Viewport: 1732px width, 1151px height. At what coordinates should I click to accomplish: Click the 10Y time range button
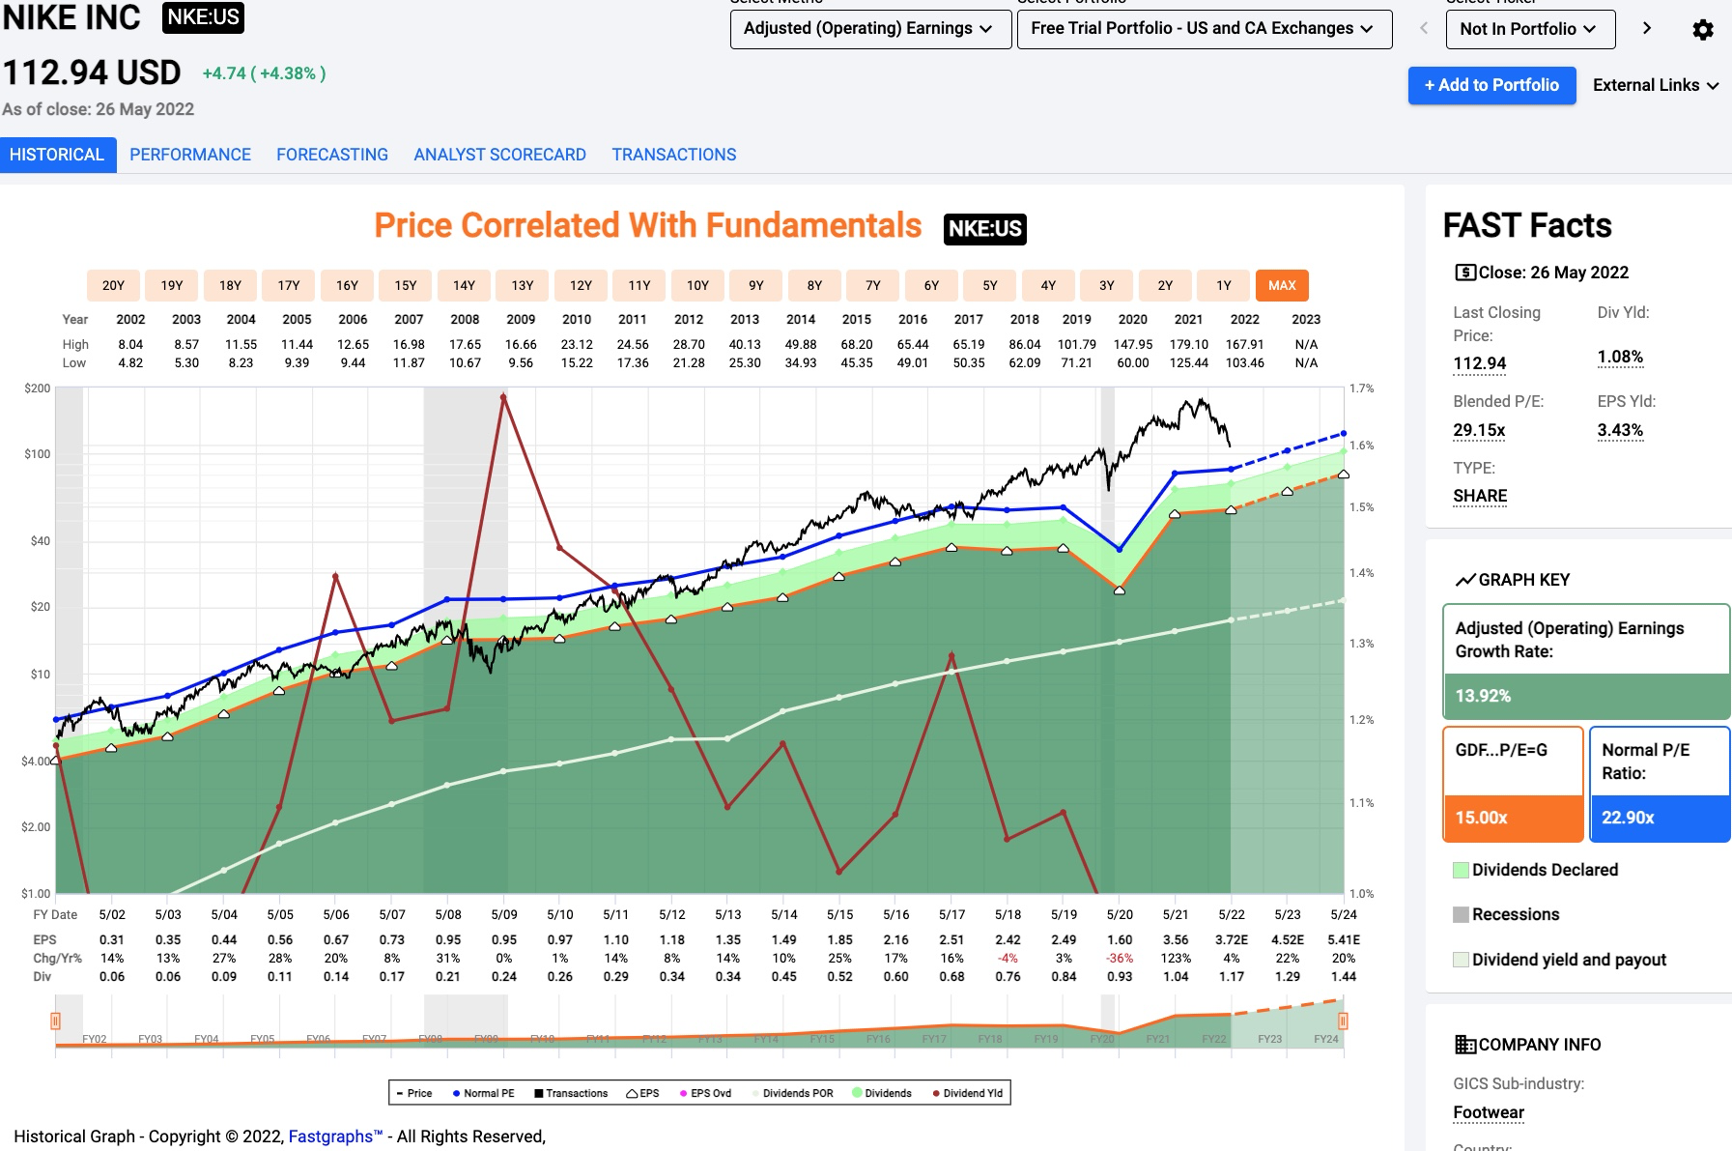(x=697, y=285)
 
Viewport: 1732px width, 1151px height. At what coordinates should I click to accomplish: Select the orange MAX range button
(x=1282, y=285)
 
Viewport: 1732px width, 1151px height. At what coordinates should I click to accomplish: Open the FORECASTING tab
(x=332, y=155)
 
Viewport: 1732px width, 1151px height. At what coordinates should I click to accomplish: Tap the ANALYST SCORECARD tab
(x=499, y=155)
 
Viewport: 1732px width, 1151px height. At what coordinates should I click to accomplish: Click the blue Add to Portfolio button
(x=1491, y=85)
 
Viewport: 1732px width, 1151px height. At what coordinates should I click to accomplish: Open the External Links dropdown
(x=1655, y=85)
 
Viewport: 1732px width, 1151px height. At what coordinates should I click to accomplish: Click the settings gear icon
(x=1703, y=30)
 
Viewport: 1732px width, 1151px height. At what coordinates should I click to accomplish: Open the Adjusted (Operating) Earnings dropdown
(x=869, y=29)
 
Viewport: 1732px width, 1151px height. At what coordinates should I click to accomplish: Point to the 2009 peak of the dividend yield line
(x=503, y=395)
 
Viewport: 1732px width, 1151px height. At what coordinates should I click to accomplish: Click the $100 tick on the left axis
(x=38, y=453)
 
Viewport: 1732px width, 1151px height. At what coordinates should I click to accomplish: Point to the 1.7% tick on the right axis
(x=1361, y=388)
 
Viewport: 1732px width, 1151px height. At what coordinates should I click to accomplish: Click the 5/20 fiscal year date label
(x=1120, y=914)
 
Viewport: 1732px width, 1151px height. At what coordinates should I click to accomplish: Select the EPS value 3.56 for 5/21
(x=1176, y=939)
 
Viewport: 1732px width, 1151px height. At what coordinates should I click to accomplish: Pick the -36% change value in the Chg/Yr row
(x=1120, y=958)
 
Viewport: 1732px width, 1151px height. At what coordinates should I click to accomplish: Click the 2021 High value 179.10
(x=1188, y=344)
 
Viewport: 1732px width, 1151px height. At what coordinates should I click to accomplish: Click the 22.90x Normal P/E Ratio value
(x=1628, y=818)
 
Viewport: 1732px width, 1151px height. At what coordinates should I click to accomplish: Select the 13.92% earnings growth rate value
(x=1483, y=696)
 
